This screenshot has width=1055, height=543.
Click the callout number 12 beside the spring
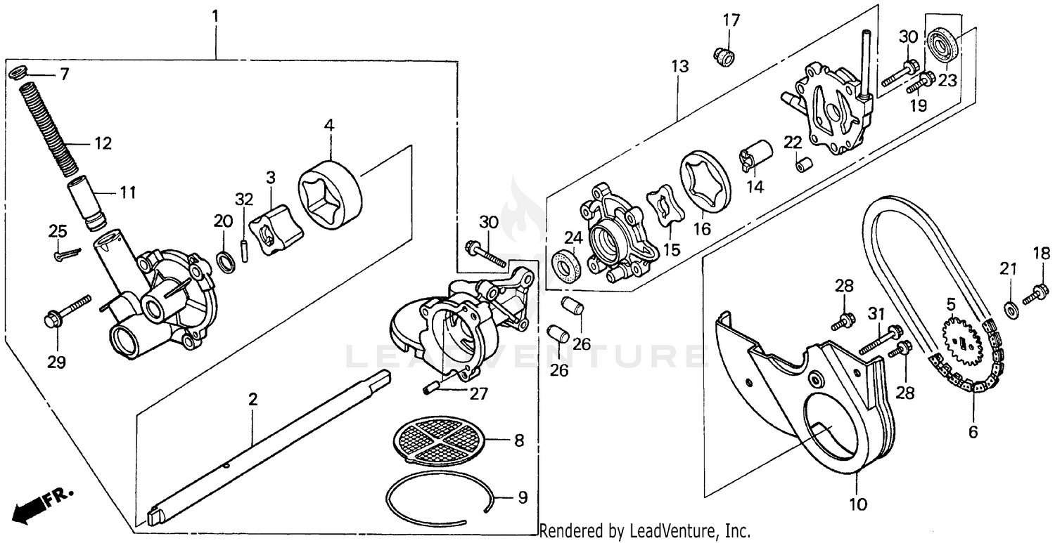pyautogui.click(x=103, y=143)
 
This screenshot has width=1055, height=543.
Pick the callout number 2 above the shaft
pyautogui.click(x=252, y=400)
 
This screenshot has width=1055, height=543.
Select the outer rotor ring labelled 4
pyautogui.click(x=331, y=194)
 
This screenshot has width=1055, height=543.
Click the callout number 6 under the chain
pyautogui.click(x=973, y=432)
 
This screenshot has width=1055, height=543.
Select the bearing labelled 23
pyautogui.click(x=943, y=46)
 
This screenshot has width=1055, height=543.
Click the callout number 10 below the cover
pyautogui.click(x=861, y=503)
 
